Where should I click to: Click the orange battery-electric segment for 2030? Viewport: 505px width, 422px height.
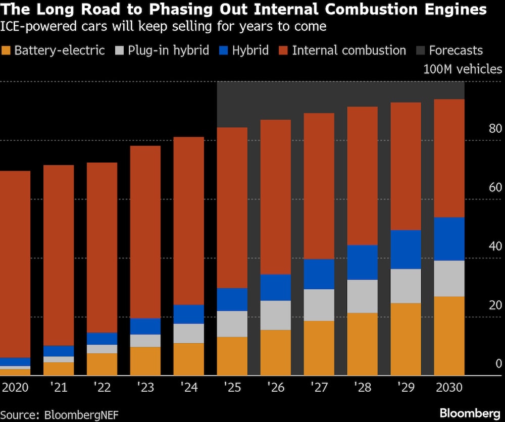pos(449,336)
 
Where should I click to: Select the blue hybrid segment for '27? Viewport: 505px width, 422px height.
pos(319,274)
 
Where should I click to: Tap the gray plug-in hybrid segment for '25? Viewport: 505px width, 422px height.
pos(232,324)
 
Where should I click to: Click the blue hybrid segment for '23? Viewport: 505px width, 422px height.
pos(145,326)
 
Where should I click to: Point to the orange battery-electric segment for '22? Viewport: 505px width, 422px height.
pos(102,364)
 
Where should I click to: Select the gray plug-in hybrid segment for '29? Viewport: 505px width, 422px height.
pos(406,286)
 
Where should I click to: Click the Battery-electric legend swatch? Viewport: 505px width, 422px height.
pos(6,50)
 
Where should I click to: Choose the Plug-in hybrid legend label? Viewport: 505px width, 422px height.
pos(168,50)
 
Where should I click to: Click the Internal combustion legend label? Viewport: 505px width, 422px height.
pos(349,50)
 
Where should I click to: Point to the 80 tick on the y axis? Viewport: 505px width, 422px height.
pos(495,129)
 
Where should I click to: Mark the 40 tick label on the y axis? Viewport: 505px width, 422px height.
pos(495,246)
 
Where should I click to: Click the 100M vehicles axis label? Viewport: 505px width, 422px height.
pos(463,70)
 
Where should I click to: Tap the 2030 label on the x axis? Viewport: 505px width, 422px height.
pos(449,387)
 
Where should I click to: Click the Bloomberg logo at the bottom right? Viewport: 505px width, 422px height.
pos(470,413)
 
